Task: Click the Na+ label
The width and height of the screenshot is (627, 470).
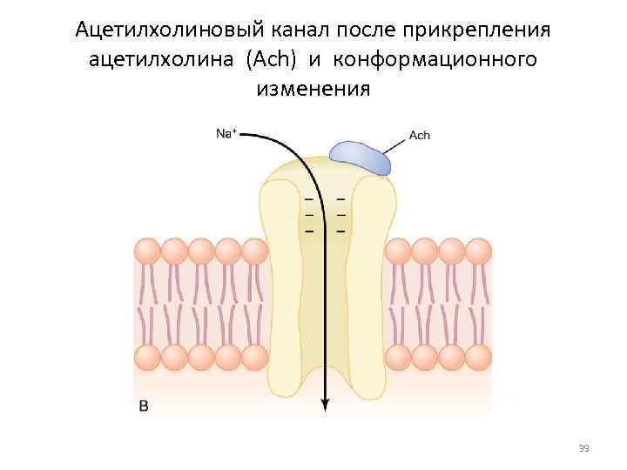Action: pyautogui.click(x=226, y=133)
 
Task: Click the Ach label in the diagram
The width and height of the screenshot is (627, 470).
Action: pyautogui.click(x=419, y=136)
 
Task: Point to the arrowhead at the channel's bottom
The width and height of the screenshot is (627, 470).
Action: pyautogui.click(x=325, y=404)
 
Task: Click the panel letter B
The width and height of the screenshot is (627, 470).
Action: pyautogui.click(x=144, y=406)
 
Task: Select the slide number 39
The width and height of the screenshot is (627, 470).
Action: pyautogui.click(x=583, y=448)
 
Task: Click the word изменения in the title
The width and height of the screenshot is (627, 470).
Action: pyautogui.click(x=313, y=89)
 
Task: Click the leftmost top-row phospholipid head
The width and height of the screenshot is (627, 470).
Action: pyautogui.click(x=147, y=252)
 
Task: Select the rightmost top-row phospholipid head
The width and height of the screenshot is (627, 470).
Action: pyautogui.click(x=479, y=252)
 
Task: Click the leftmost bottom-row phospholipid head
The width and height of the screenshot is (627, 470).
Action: pyautogui.click(x=147, y=357)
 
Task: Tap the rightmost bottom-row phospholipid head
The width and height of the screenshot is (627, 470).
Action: pyautogui.click(x=479, y=357)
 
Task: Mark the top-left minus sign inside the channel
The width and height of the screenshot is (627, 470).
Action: pyautogui.click(x=308, y=199)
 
